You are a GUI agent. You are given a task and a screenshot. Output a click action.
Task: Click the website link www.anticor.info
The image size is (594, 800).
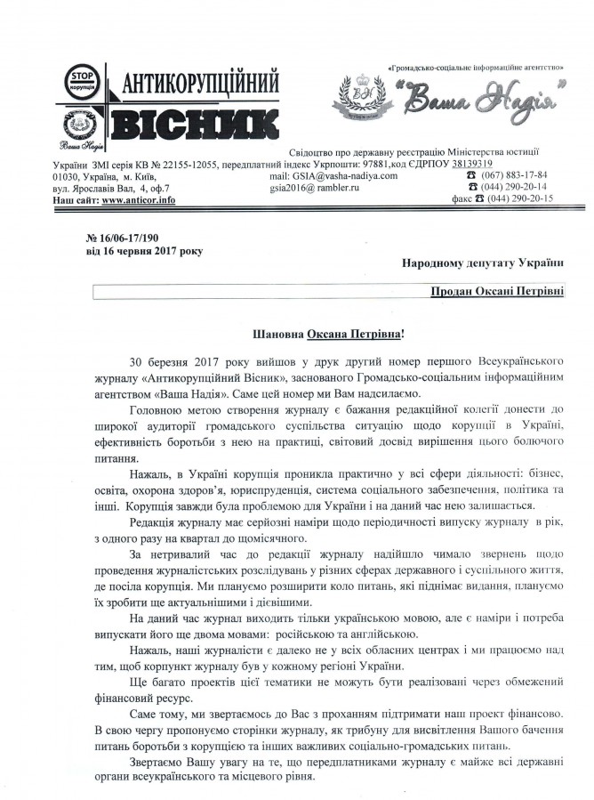click(138, 200)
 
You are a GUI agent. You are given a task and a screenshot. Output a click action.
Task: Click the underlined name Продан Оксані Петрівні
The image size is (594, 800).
click(494, 292)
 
